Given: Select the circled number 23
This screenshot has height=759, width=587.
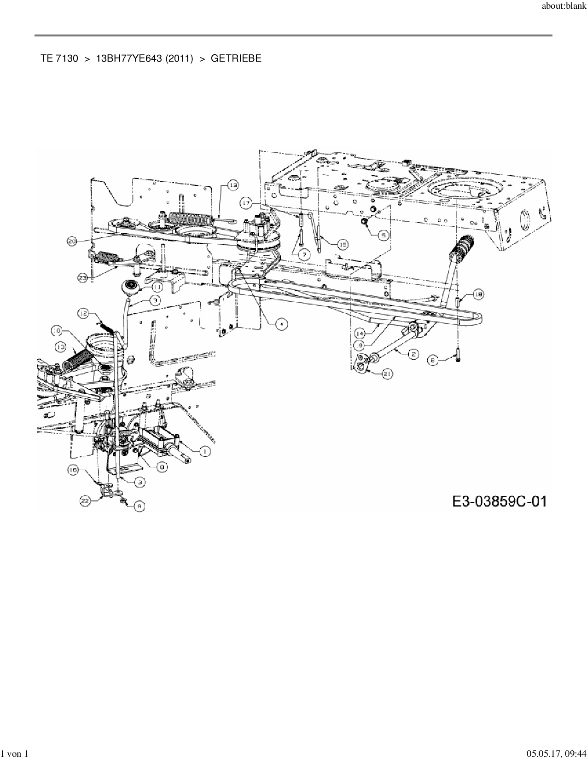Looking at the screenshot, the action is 83,278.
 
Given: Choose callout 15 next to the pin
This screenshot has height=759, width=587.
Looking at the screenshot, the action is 343,245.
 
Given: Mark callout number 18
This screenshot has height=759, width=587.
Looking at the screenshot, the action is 478,295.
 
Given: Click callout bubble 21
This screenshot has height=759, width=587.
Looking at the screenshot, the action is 388,374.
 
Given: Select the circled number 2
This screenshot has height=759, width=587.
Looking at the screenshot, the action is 413,353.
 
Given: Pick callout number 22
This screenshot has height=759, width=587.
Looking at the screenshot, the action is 85,502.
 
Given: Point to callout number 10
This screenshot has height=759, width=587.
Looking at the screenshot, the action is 57,330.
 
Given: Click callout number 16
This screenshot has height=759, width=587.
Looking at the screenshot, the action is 73,470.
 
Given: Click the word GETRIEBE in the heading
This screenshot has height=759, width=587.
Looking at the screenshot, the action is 236,58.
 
